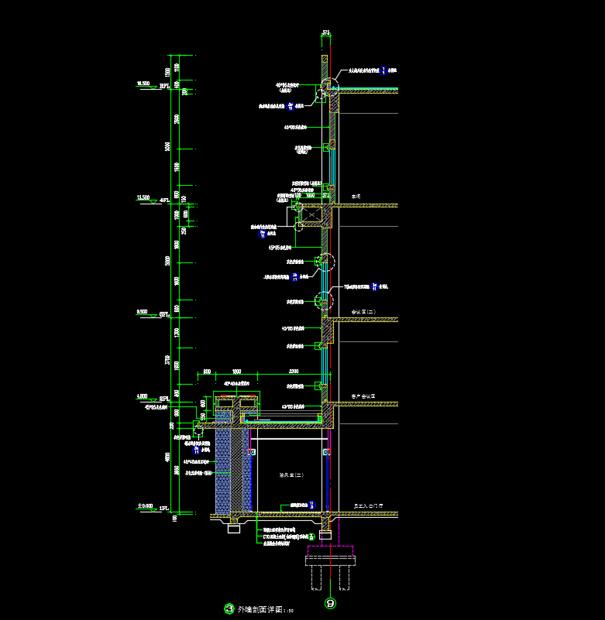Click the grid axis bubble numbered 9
331,603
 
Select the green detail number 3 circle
229,609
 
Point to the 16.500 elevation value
143,83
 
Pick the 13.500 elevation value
143,197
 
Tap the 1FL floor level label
163,509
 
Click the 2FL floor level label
163,399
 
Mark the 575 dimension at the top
326,33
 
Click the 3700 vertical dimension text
168,360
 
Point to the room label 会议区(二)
363,312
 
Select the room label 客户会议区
363,396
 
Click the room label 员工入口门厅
367,505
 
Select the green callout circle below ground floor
311,536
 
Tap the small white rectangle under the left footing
233,529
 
